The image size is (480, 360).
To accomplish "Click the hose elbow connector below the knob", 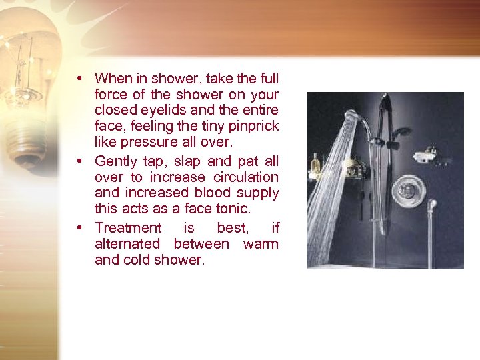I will click(431, 205).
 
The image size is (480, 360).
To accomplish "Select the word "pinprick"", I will click(253, 126).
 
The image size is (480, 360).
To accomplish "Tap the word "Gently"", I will click(116, 161).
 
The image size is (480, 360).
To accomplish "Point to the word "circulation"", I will click(246, 177).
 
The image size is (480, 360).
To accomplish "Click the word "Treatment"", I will click(128, 227).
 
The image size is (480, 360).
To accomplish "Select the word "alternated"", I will click(127, 244).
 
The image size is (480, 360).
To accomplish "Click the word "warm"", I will click(261, 244).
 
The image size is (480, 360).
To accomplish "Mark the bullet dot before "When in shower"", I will click(79, 78).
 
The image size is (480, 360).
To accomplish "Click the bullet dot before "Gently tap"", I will click(79, 161).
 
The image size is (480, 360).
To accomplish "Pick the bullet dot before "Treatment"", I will click(79, 227).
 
